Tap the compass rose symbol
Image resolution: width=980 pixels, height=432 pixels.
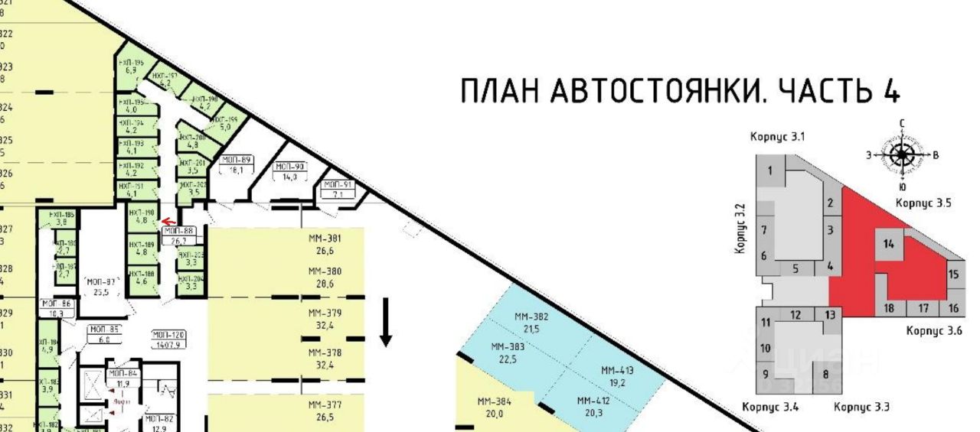tap(902, 154)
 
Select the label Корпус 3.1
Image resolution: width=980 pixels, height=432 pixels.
tap(777, 137)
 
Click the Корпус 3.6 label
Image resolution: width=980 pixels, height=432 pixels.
tap(933, 331)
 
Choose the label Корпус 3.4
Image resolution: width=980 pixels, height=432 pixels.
tap(770, 407)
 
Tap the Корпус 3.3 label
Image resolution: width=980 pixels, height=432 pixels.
tap(861, 407)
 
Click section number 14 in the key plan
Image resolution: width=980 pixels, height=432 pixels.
tap(888, 244)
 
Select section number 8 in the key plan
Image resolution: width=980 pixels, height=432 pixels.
tap(825, 375)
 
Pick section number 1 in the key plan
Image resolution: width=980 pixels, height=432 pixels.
tap(770, 171)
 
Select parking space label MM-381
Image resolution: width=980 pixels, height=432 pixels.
tap(325, 238)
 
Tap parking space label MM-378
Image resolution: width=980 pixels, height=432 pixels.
tap(325, 352)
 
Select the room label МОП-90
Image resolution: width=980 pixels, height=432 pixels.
tap(289, 166)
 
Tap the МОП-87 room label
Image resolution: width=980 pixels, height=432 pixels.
tap(100, 281)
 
